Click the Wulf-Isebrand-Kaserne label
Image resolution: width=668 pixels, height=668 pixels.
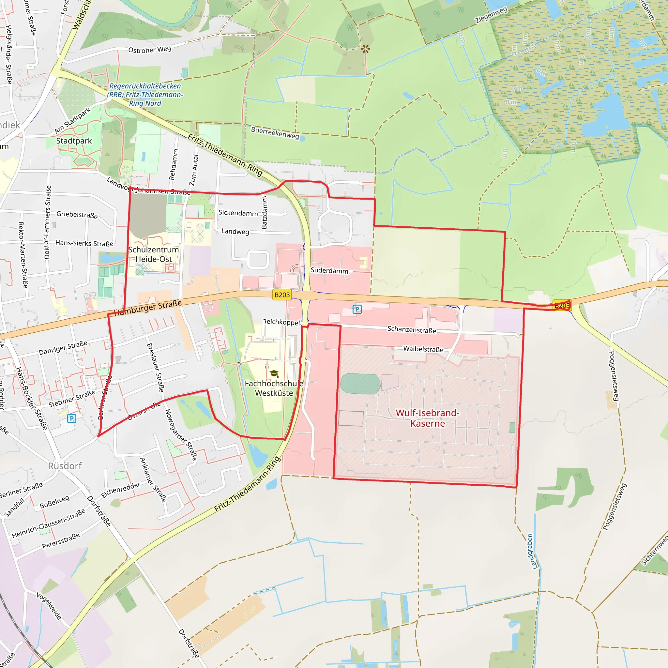(x=427, y=418)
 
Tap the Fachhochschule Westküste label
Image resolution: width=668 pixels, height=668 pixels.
(x=274, y=388)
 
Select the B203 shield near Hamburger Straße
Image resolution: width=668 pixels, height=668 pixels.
(x=282, y=295)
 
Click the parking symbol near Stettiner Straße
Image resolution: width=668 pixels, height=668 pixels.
(x=71, y=419)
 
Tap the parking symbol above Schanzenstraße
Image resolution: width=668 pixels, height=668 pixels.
(x=357, y=309)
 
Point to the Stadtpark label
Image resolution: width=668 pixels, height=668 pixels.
(x=74, y=141)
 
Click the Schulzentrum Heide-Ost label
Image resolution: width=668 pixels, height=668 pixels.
(x=154, y=254)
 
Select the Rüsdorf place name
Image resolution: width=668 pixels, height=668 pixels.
(x=65, y=466)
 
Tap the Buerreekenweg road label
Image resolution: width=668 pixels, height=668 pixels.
(x=275, y=132)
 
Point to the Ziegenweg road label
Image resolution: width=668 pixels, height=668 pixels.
(x=491, y=15)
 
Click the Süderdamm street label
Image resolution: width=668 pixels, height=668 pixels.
(x=329, y=271)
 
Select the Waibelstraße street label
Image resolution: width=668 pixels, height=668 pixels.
(x=423, y=349)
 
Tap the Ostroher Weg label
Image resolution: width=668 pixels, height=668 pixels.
(x=149, y=50)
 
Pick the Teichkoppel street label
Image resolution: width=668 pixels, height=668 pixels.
(x=281, y=322)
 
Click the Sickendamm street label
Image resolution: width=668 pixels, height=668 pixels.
(x=238, y=213)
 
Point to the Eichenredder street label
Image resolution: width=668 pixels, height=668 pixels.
(x=121, y=490)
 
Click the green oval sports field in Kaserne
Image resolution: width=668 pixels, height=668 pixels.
(x=360, y=384)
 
